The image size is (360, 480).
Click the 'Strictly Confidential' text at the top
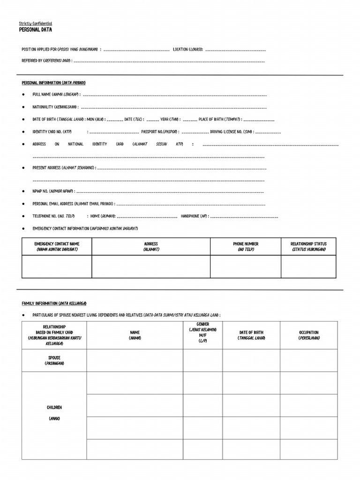click(36, 23)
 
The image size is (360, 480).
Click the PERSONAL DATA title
click(36, 30)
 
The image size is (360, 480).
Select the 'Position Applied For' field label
click(60, 49)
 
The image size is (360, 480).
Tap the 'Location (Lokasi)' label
click(188, 49)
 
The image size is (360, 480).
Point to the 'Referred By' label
click(46, 61)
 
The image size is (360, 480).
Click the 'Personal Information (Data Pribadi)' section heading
click(53, 83)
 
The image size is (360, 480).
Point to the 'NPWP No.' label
click(53, 192)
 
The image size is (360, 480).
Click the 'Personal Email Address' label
click(73, 204)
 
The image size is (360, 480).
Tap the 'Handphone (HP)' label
click(197, 217)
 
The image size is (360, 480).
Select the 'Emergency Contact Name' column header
click(57, 247)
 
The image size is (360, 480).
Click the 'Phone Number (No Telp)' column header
click(246, 247)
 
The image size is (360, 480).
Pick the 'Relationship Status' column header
click(308, 247)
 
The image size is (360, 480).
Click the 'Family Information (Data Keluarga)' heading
click(54, 303)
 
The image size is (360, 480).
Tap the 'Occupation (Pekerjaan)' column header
click(308, 335)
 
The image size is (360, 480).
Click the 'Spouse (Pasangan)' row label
click(54, 360)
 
